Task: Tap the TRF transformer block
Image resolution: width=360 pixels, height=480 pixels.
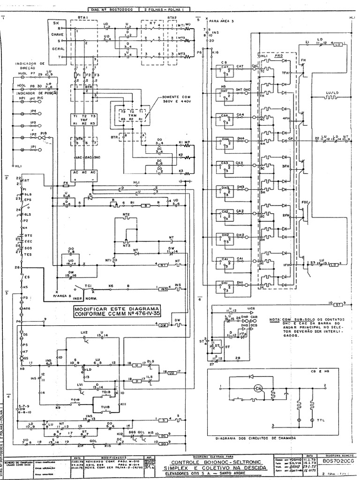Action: point(84,120)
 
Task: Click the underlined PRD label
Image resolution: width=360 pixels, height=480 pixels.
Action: point(279,56)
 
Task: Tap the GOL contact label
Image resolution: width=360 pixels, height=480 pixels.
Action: point(93,441)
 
